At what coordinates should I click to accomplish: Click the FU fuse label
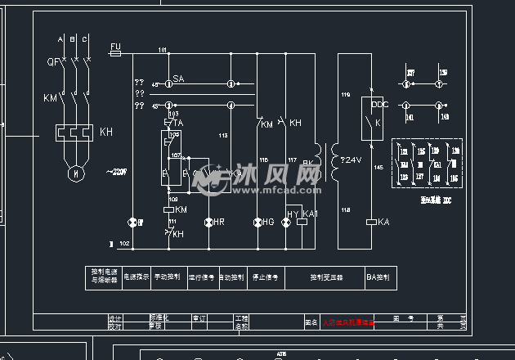[115, 45]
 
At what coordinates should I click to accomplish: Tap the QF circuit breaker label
[52, 61]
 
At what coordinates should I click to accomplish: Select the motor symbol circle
[75, 173]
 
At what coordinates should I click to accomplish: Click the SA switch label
[178, 78]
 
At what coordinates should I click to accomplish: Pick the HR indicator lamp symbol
[208, 222]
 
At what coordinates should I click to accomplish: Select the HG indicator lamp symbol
[257, 222]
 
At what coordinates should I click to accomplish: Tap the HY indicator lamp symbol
[286, 222]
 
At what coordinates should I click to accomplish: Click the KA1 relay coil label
[310, 214]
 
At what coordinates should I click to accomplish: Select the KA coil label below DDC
[383, 222]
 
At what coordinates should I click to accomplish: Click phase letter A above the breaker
[60, 39]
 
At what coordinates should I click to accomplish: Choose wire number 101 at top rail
[162, 51]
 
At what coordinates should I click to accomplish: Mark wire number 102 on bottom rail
[123, 244]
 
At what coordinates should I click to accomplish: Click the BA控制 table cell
[377, 277]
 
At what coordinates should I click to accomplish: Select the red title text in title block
[348, 323]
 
